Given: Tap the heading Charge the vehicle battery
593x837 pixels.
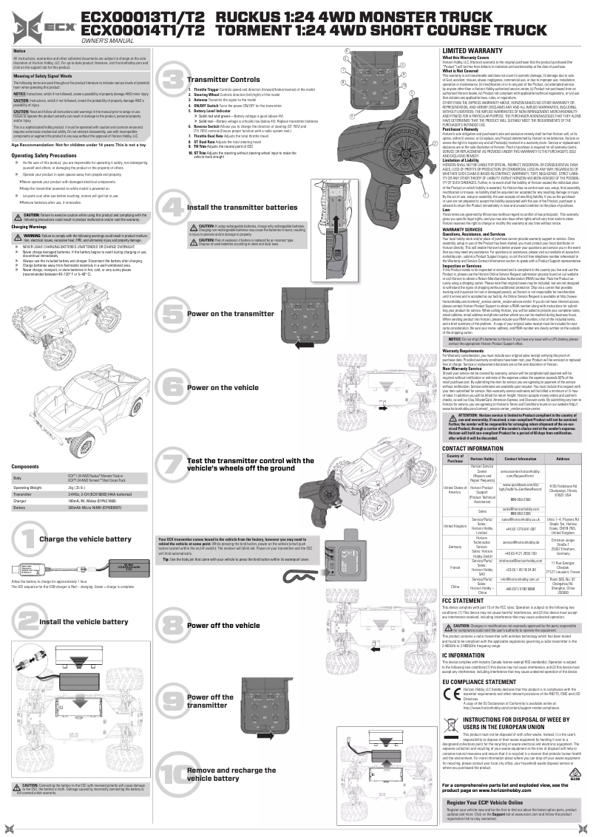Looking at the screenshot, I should coord(81,539).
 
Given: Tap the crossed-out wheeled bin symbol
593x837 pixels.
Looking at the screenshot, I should coord(450,731).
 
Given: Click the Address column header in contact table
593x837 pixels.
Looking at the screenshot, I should coord(562,459).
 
